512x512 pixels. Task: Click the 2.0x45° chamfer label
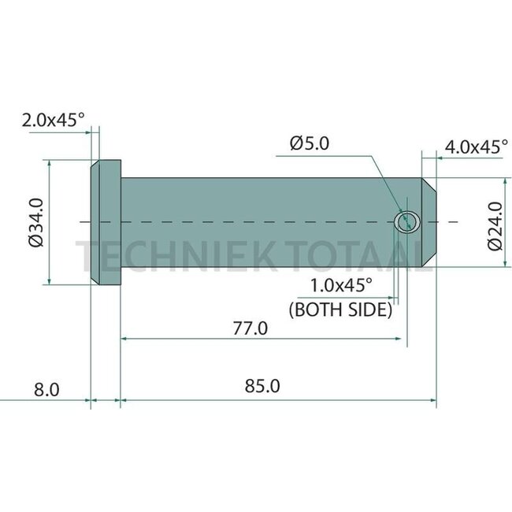tap(53, 121)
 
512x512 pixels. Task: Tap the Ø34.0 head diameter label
tap(35, 223)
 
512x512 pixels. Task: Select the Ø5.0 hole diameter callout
tap(310, 143)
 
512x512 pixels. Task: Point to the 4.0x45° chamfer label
tap(476, 147)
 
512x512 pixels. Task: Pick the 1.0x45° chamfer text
tap(341, 284)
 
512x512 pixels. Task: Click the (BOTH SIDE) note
tap(341, 310)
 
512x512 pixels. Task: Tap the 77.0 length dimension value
tap(250, 328)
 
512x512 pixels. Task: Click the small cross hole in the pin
tap(407, 222)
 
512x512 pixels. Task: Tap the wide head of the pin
tap(106, 223)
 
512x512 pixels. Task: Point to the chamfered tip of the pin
tap(429, 223)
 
